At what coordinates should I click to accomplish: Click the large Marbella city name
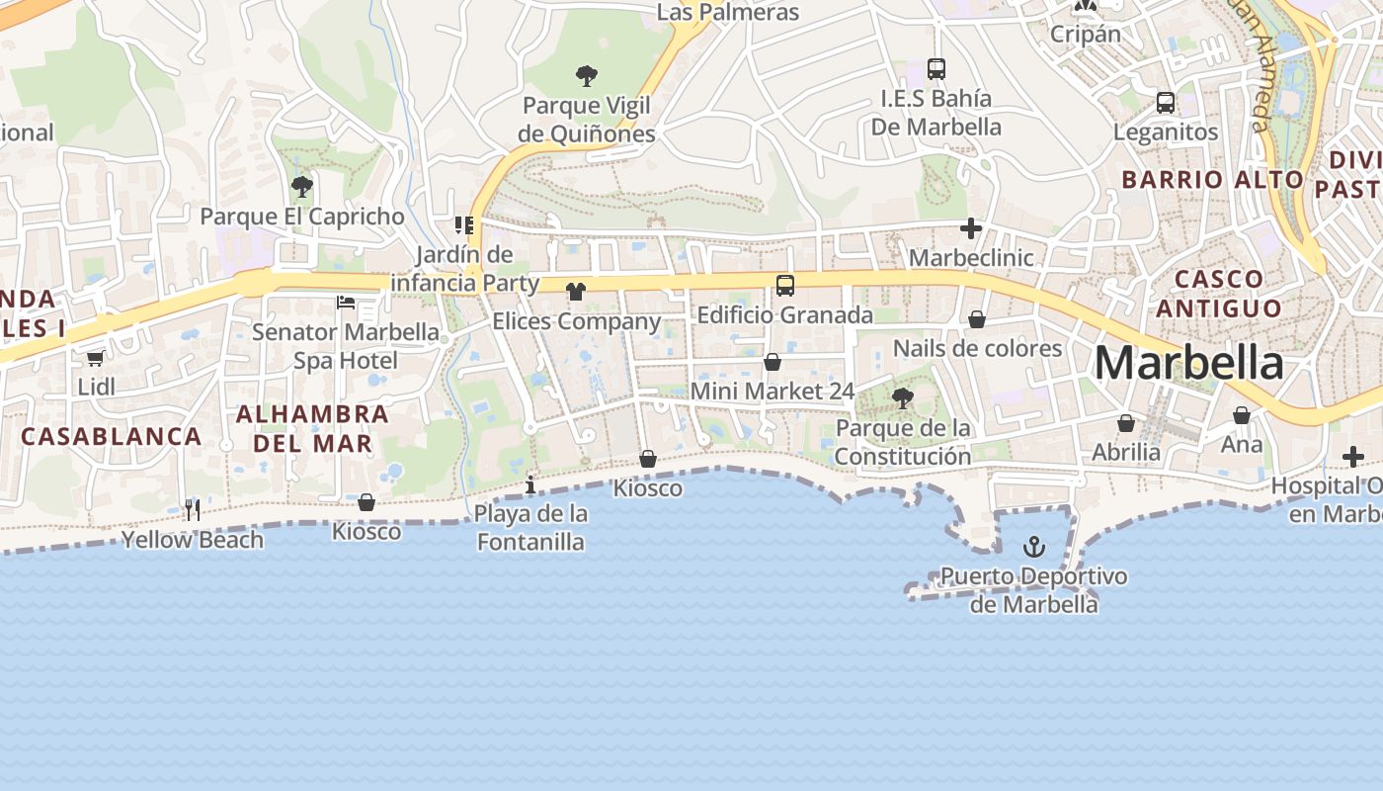[x=1188, y=364]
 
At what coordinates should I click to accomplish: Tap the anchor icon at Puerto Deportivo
[x=1033, y=546]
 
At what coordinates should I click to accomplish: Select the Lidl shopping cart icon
[x=96, y=358]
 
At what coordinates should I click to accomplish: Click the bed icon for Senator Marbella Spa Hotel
[x=346, y=302]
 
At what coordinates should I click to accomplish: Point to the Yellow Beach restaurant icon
[x=193, y=510]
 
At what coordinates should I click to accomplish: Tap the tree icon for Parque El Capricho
[x=302, y=186]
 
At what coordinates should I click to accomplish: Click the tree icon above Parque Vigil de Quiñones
[x=587, y=75]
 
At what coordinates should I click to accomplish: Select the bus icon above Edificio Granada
[x=785, y=286]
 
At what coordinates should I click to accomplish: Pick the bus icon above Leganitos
[x=1166, y=102]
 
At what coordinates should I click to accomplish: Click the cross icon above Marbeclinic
[x=971, y=229]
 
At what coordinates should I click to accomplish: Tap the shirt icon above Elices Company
[x=576, y=292]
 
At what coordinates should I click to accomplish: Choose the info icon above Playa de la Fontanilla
[x=530, y=484]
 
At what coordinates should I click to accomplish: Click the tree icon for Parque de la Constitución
[x=902, y=398]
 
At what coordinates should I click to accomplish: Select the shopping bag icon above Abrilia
[x=1126, y=423]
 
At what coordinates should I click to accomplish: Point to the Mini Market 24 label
[x=772, y=391]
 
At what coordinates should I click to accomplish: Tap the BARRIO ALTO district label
[x=1212, y=180]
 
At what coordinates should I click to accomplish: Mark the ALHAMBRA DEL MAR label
[x=313, y=428]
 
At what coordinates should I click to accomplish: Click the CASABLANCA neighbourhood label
[x=111, y=436]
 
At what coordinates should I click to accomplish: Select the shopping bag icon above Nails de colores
[x=976, y=319]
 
